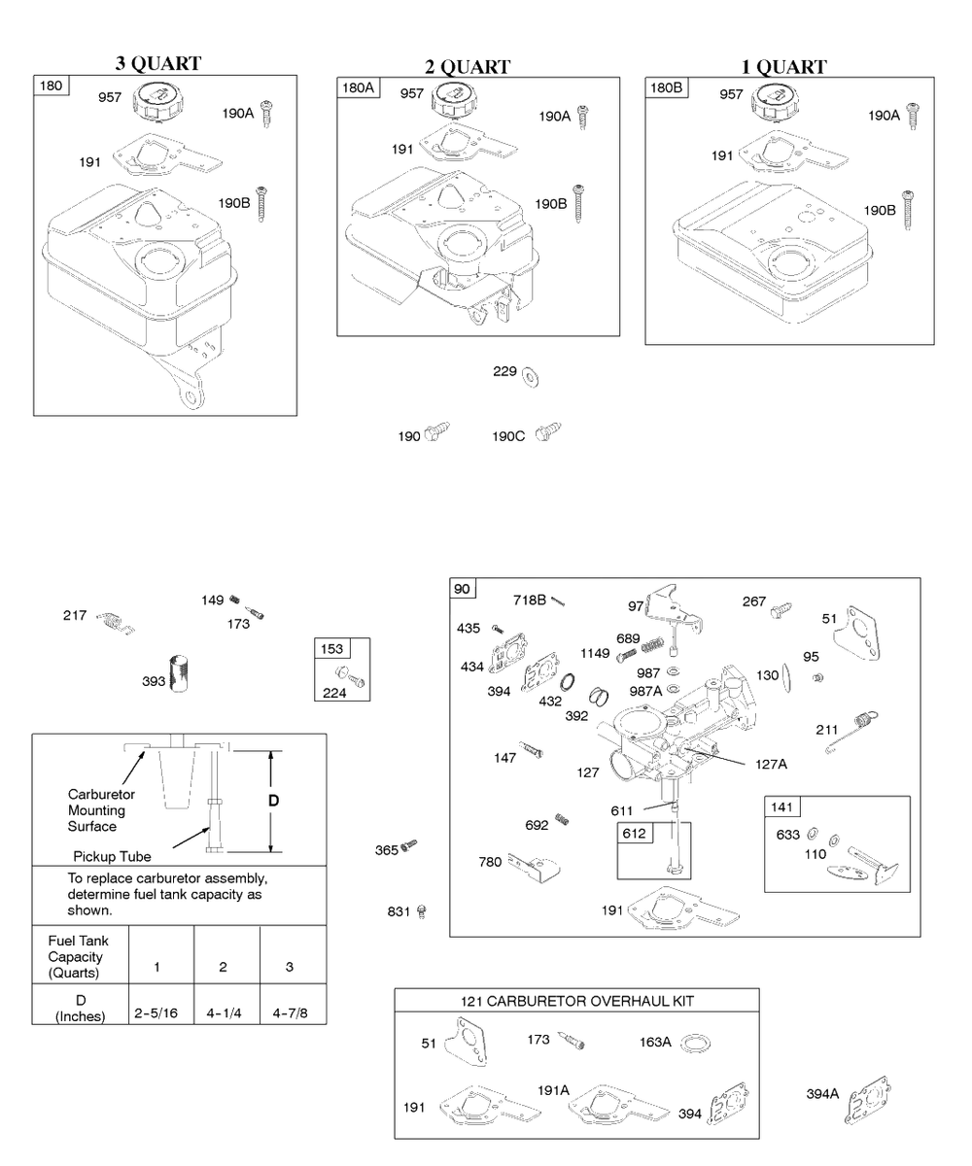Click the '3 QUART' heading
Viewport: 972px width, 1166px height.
point(158,64)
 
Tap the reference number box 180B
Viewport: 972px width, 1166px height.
point(666,87)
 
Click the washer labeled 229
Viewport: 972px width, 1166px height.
point(531,375)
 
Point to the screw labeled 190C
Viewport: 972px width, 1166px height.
point(551,430)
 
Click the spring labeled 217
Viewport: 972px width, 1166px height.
point(114,620)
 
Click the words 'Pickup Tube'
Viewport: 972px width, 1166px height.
point(112,857)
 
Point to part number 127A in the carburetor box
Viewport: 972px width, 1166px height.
point(771,764)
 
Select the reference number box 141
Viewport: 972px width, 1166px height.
point(782,807)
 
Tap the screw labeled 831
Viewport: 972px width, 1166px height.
point(422,910)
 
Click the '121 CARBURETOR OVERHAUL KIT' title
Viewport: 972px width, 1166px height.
point(577,1001)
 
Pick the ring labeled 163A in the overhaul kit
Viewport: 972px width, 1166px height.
point(694,1044)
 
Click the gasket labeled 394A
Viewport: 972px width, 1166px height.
point(868,1098)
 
